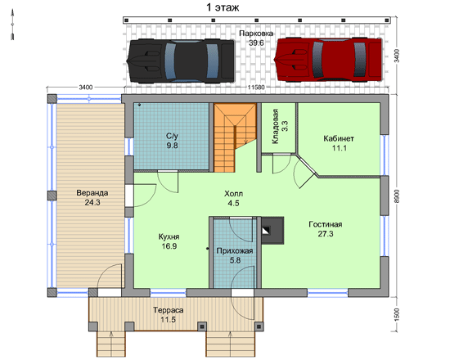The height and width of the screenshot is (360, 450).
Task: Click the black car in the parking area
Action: tap(181, 61)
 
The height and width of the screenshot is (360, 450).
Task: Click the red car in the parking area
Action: tap(328, 60)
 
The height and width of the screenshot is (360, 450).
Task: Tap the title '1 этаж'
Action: tap(223, 7)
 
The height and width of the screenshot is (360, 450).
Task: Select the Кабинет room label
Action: tap(339, 138)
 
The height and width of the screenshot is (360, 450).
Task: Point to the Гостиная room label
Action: tap(326, 224)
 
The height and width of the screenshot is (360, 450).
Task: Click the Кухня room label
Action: tap(169, 236)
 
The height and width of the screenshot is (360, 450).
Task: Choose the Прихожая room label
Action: tap(235, 251)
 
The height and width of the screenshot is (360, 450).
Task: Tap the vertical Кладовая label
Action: tap(276, 126)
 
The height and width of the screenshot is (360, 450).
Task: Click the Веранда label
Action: tap(92, 192)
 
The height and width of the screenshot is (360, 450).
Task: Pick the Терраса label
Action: tap(169, 310)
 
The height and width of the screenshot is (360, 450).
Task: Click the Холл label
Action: tap(233, 194)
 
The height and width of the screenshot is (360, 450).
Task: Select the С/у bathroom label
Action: tap(172, 136)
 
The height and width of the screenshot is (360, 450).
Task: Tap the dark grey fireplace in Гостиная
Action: tap(272, 231)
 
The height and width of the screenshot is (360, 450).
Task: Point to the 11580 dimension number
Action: tap(256, 88)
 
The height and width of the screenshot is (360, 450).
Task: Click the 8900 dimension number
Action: tap(397, 196)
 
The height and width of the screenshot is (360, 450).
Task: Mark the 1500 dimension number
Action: tap(397, 315)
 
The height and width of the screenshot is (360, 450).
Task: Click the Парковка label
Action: tap(256, 34)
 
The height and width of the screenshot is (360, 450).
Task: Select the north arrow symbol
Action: tap(12, 25)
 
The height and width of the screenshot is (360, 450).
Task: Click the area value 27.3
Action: tap(326, 234)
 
